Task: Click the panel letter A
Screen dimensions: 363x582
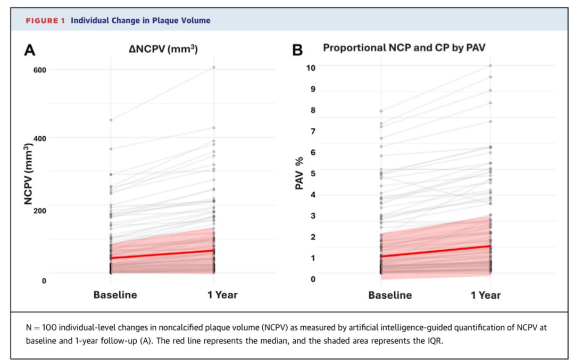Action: point(30,51)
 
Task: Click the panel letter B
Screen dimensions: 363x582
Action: point(298,51)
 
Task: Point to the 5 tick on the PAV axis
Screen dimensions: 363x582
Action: point(313,174)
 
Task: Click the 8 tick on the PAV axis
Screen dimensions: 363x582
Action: point(313,110)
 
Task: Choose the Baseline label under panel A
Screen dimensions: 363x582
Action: point(115,295)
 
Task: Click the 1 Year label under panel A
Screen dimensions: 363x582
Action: point(222,295)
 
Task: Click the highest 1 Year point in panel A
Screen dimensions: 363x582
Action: point(214,67)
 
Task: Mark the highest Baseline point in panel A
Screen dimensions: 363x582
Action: point(111,120)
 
